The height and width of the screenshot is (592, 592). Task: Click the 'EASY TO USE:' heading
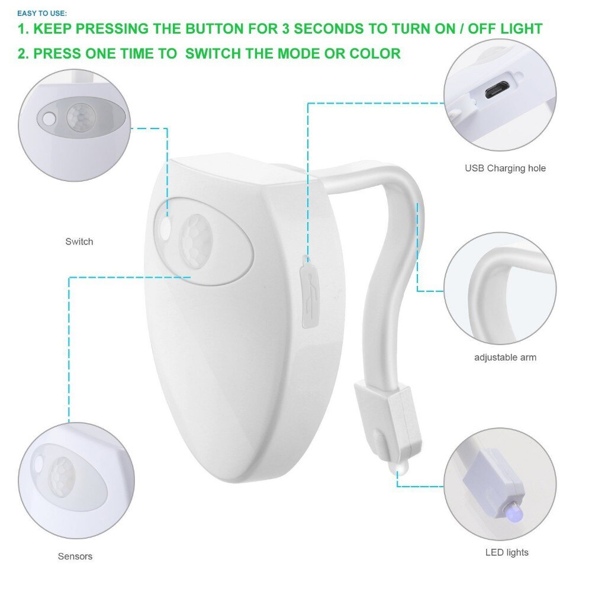(x=42, y=14)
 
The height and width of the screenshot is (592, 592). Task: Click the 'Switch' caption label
(x=79, y=242)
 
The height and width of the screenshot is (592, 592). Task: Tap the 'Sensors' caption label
(x=75, y=556)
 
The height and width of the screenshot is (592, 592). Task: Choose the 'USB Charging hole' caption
(x=505, y=168)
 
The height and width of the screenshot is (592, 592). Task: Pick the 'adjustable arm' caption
(x=505, y=357)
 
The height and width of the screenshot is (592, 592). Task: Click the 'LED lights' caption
(x=507, y=552)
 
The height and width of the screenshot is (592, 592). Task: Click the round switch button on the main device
(x=165, y=228)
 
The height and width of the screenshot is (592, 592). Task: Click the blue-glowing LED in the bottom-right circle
(x=514, y=513)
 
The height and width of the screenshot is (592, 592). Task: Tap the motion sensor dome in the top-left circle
(x=81, y=117)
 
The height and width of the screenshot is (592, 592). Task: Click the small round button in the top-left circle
(x=49, y=118)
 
